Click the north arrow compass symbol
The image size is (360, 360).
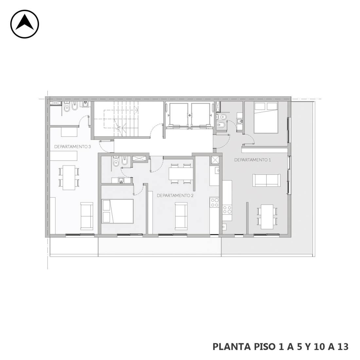pos(25,24)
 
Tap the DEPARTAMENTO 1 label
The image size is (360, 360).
pos(252,160)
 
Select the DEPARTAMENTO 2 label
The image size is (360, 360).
pos(175,195)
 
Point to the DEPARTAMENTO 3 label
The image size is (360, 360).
pos(73,147)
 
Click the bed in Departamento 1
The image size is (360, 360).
pos(266,117)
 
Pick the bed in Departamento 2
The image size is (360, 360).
pos(118,211)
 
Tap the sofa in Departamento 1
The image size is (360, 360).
pos(266,180)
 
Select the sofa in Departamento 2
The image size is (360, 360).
pos(181,216)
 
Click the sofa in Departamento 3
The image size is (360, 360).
pos(87,216)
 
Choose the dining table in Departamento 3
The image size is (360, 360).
pos(69,177)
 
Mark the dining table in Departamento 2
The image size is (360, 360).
pos(181,174)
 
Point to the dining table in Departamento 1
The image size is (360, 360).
pos(267,217)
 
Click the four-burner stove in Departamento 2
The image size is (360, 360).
pos(215,203)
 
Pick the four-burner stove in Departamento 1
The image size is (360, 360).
pos(227,209)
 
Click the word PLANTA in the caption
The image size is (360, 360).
pos(232,347)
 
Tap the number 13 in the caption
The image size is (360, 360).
pos(343,347)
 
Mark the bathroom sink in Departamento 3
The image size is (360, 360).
pos(85,104)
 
